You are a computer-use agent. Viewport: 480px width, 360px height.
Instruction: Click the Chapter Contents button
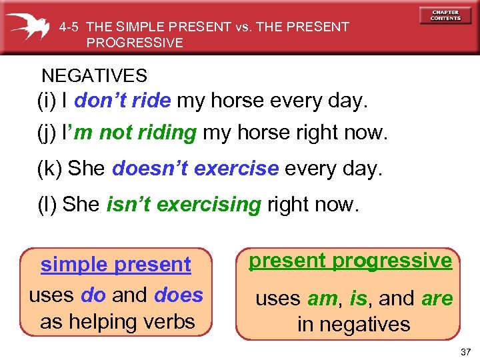pos(445,15)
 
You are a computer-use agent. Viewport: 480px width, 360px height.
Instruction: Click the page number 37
pos(464,350)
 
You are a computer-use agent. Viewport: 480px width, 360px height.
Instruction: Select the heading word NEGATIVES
pos(94,76)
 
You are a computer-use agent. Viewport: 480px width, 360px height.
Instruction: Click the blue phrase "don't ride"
pos(123,101)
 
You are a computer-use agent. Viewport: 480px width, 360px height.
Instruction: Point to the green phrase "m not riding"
pos(147,133)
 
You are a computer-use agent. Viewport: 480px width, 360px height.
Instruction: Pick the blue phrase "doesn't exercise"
pos(195,169)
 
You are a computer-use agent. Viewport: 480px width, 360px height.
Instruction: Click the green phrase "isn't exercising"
pos(183,204)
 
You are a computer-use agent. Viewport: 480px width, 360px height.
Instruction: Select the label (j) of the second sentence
pos(47,133)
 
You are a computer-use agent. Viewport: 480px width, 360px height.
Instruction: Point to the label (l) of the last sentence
pos(47,204)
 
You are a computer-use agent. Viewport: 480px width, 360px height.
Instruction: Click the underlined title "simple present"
pos(115,265)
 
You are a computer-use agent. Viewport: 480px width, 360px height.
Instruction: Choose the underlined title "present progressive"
pos(350,261)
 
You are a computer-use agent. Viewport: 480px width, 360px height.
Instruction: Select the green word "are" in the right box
pos(437,299)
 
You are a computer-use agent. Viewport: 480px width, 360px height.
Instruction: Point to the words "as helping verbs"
pos(117,321)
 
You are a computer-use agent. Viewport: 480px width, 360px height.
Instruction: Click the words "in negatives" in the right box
pos(353,325)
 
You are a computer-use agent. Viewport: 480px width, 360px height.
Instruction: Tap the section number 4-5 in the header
pos(70,27)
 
